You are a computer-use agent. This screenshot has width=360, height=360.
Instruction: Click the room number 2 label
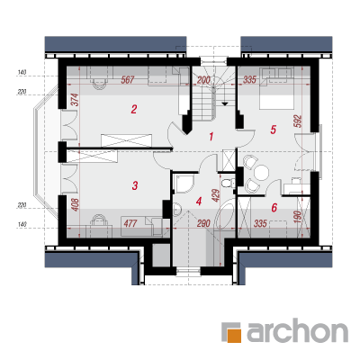point(134,109)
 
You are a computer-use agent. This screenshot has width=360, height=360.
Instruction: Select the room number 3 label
point(135,185)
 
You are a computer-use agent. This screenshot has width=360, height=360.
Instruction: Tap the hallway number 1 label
point(211,137)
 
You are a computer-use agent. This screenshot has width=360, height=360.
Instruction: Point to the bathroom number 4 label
point(199,201)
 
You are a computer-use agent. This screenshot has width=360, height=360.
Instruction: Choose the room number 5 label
point(273,130)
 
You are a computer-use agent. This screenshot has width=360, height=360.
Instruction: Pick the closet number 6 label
point(274,207)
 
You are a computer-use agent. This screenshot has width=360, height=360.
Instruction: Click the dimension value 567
point(128,80)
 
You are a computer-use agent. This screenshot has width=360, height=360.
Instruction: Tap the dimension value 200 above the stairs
point(203,80)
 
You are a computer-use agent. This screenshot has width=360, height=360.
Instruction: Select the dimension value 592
point(298,121)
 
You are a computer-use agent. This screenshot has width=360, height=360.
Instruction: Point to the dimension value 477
point(130,223)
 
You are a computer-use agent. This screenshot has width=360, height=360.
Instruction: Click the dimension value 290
point(203,223)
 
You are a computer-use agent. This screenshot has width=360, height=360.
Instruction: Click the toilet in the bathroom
point(227,183)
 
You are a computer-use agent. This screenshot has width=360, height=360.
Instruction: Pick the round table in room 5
point(261,173)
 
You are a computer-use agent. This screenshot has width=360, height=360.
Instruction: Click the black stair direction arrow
point(224,103)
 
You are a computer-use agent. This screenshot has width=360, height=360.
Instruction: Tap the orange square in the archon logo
point(235,337)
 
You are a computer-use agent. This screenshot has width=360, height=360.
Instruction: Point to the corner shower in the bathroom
point(183,183)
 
